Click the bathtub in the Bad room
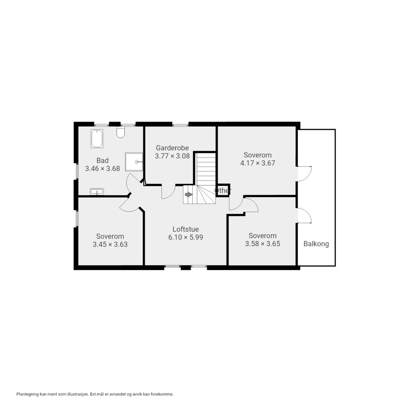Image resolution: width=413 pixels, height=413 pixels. pyautogui.click(x=97, y=139)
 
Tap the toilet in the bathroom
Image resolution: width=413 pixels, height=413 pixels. pyautogui.click(x=121, y=132)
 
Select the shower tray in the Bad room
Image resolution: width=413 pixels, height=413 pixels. pyautogui.click(x=134, y=162)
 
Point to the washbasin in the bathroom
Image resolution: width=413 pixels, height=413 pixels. pyautogui.click(x=97, y=192)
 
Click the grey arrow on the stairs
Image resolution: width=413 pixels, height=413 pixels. pyautogui.click(x=189, y=194)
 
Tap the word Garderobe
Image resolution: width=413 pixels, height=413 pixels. pyautogui.click(x=172, y=148)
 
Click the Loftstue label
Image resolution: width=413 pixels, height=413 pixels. pyautogui.click(x=186, y=229)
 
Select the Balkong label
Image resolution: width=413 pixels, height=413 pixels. pyautogui.click(x=316, y=244)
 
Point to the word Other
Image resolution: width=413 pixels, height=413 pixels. pyautogui.click(x=223, y=190)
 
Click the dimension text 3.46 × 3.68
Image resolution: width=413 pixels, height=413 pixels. pyautogui.click(x=102, y=169)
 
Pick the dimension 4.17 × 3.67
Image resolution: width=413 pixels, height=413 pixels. pyautogui.click(x=258, y=163)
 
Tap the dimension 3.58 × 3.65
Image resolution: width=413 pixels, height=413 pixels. pyautogui.click(x=263, y=244)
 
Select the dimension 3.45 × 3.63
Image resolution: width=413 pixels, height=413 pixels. pyautogui.click(x=110, y=244)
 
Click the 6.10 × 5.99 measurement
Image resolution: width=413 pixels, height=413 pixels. pyautogui.click(x=186, y=237)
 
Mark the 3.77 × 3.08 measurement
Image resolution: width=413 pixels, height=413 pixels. pyautogui.click(x=172, y=156)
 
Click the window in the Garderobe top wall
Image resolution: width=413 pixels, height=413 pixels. pyautogui.click(x=180, y=125)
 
